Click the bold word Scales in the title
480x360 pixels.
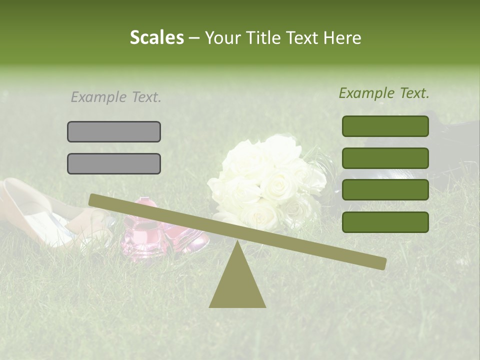(x=156, y=37)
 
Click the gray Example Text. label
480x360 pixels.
(x=116, y=97)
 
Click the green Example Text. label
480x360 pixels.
(x=384, y=93)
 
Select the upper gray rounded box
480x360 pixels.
(x=114, y=131)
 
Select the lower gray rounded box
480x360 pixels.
(x=114, y=163)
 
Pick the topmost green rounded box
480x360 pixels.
(x=385, y=126)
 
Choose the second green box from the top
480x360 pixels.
(x=385, y=158)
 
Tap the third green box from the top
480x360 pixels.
(x=385, y=190)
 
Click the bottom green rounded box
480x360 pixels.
(x=385, y=222)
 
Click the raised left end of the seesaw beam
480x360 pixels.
(x=95, y=200)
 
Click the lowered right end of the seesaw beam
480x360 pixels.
(x=380, y=263)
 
